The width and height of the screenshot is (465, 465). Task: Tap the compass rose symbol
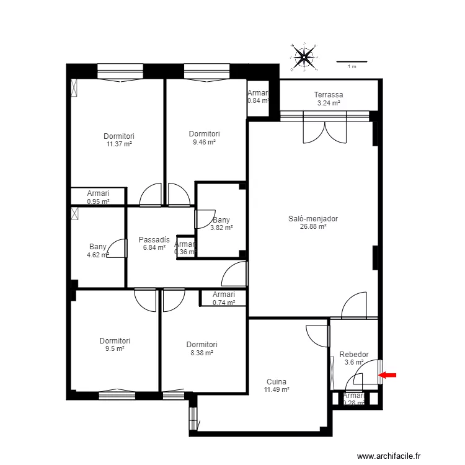pyautogui.click(x=304, y=57)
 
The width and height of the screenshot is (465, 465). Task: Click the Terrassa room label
pyautogui.click(x=329, y=95)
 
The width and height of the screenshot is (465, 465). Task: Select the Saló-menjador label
pyautogui.click(x=313, y=218)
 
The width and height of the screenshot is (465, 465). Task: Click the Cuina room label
pyautogui.click(x=277, y=382)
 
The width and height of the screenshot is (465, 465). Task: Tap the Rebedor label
pyautogui.click(x=354, y=355)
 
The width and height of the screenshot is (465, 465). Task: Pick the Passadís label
pyautogui.click(x=154, y=239)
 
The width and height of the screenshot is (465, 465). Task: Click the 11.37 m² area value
pyautogui.click(x=119, y=144)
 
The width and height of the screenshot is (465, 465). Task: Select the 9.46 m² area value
pyautogui.click(x=204, y=142)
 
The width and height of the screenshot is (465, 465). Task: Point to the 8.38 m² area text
pyautogui.click(x=201, y=353)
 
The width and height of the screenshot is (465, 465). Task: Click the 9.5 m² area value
pyautogui.click(x=115, y=348)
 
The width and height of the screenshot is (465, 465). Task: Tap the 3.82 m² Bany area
pyautogui.click(x=221, y=228)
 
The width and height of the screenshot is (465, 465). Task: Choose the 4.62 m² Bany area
pyautogui.click(x=98, y=254)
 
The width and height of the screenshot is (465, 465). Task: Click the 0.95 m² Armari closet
pyautogui.click(x=98, y=197)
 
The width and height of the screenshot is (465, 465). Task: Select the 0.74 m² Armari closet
pyautogui.click(x=224, y=299)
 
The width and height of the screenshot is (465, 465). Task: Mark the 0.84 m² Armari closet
pyautogui.click(x=258, y=97)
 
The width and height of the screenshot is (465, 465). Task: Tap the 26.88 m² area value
pyautogui.click(x=313, y=226)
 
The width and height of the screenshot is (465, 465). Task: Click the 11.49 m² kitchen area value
pyautogui.click(x=277, y=390)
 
